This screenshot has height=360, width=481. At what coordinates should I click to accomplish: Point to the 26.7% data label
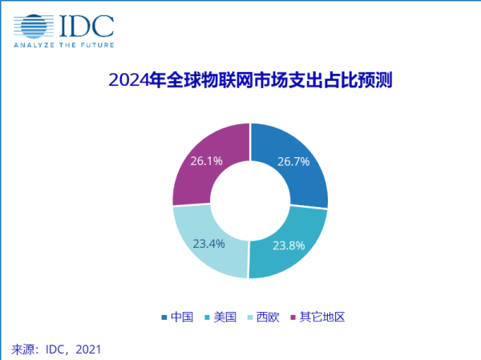pos(293,162)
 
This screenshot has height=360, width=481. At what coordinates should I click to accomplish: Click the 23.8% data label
pos(289,245)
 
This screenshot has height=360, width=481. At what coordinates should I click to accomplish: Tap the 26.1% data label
pos(206,160)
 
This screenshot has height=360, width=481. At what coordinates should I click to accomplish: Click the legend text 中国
pos(183,317)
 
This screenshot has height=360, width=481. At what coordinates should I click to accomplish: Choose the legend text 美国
pos(225,317)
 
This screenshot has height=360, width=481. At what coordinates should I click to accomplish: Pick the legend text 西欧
pos(268,317)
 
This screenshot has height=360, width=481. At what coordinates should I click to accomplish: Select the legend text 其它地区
pos(321,317)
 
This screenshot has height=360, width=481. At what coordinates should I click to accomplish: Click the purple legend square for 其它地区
pos(293,318)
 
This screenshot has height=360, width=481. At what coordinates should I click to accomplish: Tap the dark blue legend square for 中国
pos(165,318)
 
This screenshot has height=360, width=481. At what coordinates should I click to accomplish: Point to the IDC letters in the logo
pos(87,26)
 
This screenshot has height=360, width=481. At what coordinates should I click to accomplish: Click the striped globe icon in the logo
pos(34,26)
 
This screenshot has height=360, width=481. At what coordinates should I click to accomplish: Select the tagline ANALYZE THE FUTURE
pos(63,46)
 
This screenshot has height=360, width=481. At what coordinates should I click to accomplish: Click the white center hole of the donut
pos(250,201)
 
